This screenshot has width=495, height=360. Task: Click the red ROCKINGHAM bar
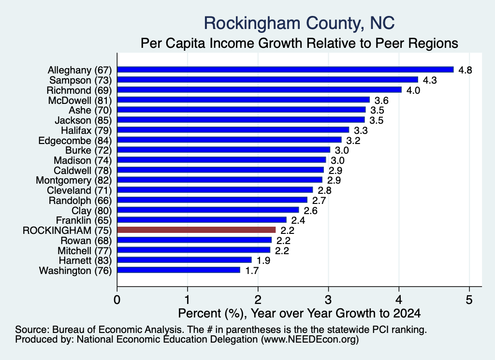coord(196,230)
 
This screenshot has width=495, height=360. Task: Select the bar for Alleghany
coord(285,70)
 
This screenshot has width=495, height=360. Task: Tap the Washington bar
coord(179,270)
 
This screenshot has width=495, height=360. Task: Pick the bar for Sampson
coord(268,80)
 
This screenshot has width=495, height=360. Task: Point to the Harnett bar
coord(184,260)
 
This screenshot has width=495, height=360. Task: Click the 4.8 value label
coord(465,70)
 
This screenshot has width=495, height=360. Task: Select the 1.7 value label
coord(252,271)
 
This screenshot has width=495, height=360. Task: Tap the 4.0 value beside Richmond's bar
coord(413,90)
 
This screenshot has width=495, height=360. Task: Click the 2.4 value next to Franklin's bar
coord(298,220)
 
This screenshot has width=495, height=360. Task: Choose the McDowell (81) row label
coord(80,101)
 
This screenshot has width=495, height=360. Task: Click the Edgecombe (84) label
coord(75,141)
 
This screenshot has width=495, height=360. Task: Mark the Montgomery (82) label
coord(74,180)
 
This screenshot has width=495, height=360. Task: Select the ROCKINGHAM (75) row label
coord(67,230)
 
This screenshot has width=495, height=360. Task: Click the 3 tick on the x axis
coord(328,300)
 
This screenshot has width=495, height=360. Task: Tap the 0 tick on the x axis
coord(117,300)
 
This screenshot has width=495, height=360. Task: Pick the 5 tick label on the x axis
coord(469,300)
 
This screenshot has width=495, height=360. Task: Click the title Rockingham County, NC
coord(299,23)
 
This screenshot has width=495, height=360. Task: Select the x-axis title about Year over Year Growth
coord(299,313)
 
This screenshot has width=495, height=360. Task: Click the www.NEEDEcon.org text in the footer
coord(310,340)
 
